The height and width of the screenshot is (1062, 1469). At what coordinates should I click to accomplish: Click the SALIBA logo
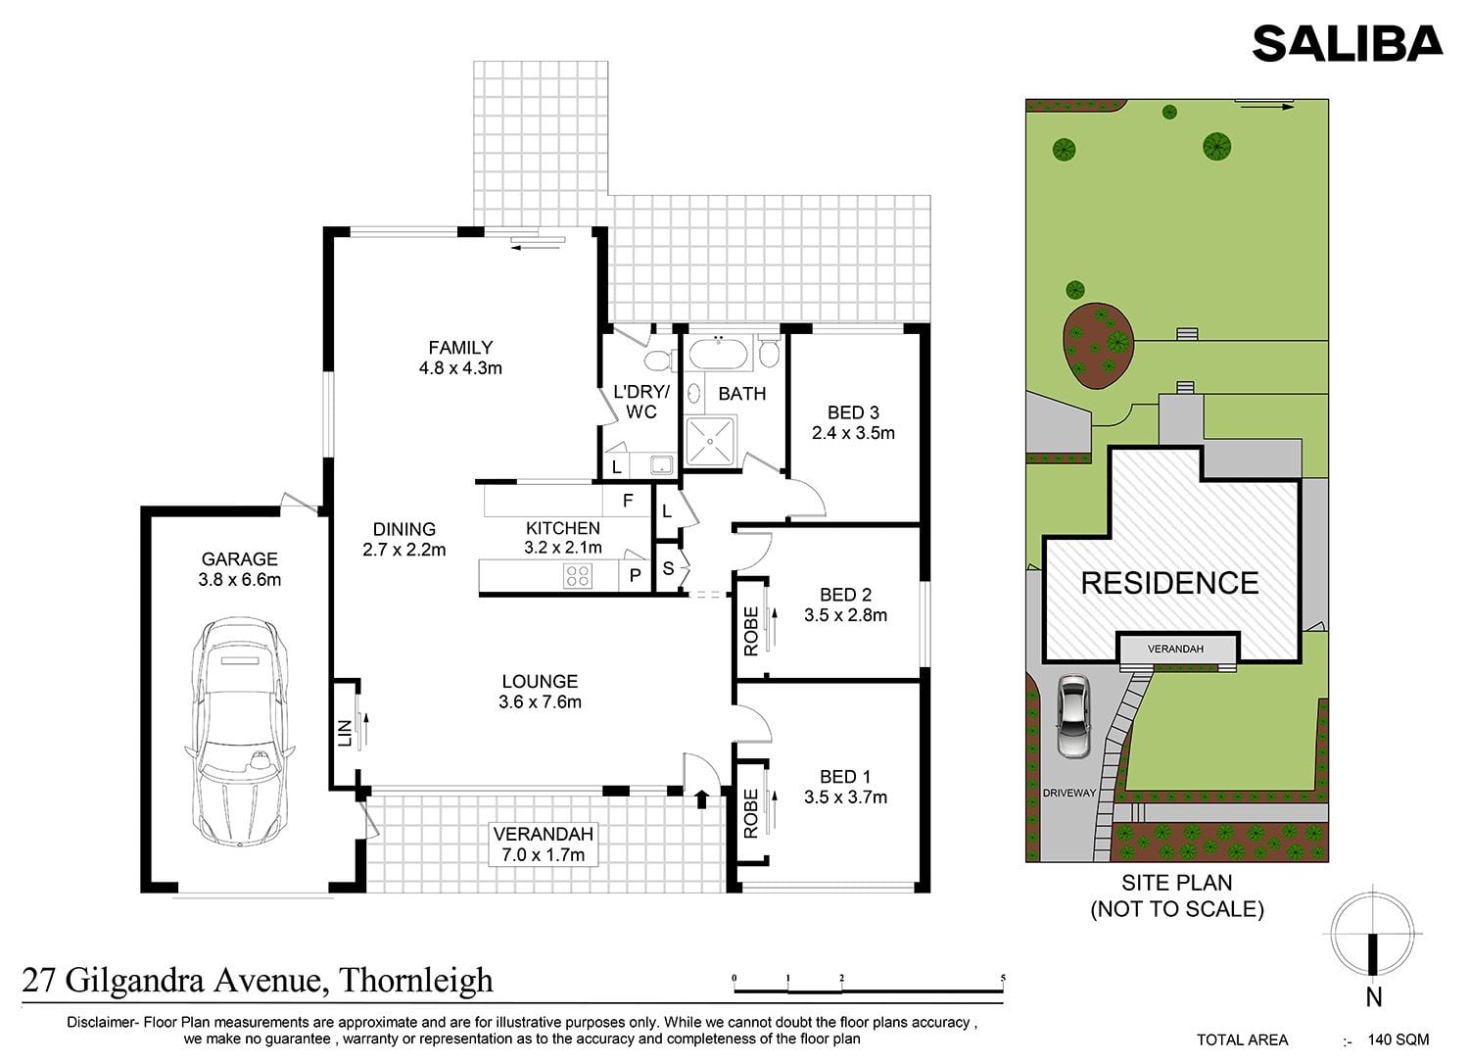[1347, 44]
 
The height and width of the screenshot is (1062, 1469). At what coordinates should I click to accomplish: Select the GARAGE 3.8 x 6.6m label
[240, 569]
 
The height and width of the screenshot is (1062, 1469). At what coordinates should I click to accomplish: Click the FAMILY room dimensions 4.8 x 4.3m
[460, 368]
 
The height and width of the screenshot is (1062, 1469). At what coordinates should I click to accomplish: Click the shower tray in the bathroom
[710, 441]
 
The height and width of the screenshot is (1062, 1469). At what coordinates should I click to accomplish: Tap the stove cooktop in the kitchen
[578, 576]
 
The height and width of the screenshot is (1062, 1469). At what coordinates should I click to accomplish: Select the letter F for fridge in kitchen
[628, 502]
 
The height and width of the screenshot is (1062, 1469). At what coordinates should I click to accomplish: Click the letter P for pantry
[635, 576]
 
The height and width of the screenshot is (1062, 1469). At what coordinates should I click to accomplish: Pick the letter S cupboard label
[668, 568]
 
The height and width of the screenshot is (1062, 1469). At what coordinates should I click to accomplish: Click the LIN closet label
[345, 734]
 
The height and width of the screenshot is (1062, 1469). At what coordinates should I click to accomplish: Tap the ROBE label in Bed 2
[751, 631]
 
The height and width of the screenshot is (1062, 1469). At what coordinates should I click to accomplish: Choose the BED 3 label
[853, 412]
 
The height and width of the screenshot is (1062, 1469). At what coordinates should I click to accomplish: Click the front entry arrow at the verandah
[702, 799]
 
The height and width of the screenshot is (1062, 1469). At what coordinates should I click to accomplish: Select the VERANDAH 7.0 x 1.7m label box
[544, 845]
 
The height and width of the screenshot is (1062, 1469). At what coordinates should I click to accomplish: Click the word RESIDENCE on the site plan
[1170, 583]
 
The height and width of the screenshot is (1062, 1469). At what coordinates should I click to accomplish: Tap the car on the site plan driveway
[1073, 717]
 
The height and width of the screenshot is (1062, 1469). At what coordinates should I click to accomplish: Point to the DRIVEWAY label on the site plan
[1069, 793]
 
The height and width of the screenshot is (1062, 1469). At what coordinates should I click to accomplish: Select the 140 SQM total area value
[1398, 1039]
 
